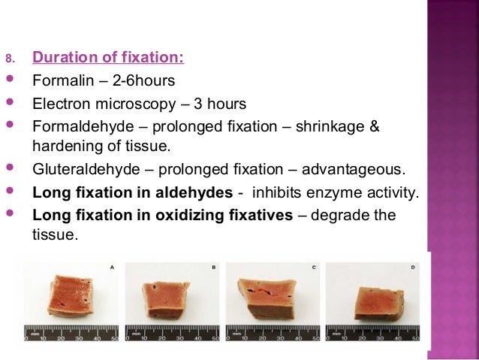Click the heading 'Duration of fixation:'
pos(109,58)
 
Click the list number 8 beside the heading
pos(10,59)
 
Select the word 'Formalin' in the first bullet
pos(59,80)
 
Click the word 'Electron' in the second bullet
pos(59,103)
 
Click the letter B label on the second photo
pos(213,267)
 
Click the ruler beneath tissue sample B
pos(172,333)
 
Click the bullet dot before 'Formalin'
pos(10,80)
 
